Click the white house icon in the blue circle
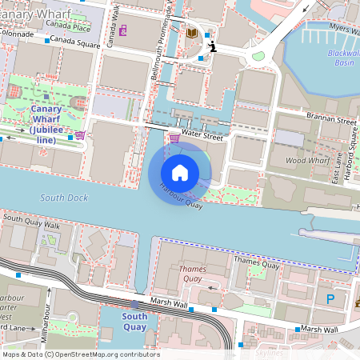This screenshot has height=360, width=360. [180, 172]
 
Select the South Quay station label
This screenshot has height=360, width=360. [134, 322]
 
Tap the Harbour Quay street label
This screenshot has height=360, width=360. [181, 197]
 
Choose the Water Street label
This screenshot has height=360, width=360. [202, 137]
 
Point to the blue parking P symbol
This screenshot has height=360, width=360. [330, 299]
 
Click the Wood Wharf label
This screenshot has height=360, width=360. [306, 161]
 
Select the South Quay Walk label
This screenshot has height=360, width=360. [32, 221]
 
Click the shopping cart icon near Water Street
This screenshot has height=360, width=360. [174, 138]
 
